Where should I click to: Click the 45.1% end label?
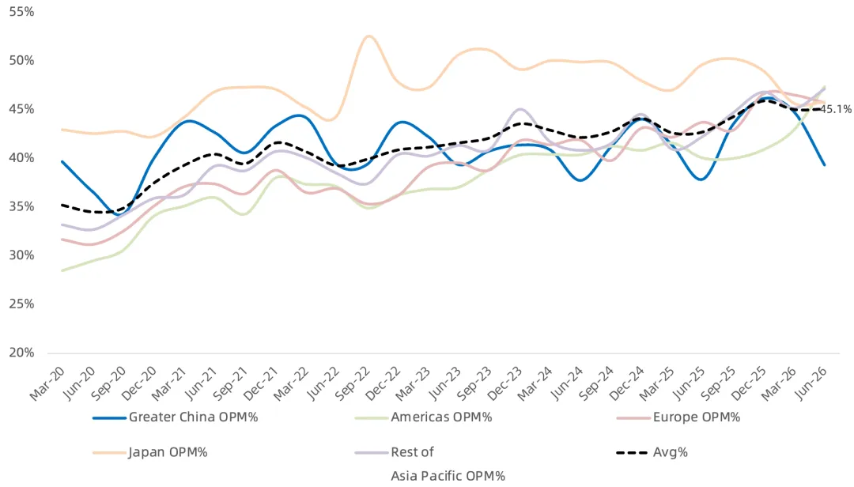tap(836, 109)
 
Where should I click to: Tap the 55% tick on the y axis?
tap(22, 12)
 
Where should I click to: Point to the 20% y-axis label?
tap(22, 353)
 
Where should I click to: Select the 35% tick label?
tap(22, 207)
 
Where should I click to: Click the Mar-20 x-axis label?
tap(47, 383)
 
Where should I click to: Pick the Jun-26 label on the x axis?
tap(811, 383)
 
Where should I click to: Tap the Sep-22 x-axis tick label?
tap(353, 383)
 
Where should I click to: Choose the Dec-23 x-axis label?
tap(506, 383)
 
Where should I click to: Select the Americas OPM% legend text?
tap(441, 417)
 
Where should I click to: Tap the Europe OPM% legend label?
tap(697, 417)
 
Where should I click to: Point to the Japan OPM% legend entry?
tap(168, 452)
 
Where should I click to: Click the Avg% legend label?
tap(671, 452)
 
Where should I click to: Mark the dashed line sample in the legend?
tap(633, 453)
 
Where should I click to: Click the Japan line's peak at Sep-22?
tap(368, 36)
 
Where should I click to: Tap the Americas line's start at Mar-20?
tap(62, 270)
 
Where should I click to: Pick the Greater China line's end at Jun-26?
tap(825, 164)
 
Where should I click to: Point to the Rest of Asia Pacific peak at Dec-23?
tap(520, 109)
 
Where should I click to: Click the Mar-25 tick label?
tap(659, 383)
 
